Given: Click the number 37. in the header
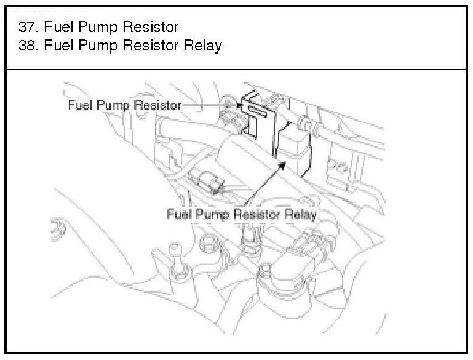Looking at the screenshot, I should pos(26,27).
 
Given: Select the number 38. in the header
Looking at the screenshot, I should pos(26,46).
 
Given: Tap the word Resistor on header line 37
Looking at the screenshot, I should pos(151,27).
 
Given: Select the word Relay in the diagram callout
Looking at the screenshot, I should pos(300,215).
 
